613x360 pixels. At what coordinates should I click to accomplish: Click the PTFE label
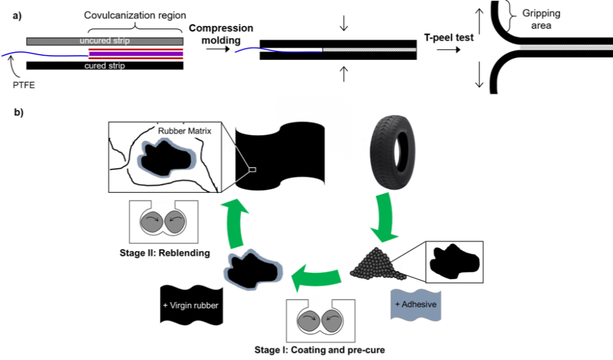[24, 85]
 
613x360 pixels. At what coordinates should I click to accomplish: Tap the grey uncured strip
[105, 41]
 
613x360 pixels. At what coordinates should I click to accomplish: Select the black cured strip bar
[105, 66]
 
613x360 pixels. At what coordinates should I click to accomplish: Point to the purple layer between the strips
[136, 53]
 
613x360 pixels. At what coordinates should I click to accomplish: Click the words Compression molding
[221, 34]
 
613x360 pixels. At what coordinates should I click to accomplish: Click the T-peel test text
[449, 38]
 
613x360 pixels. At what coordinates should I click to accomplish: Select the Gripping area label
[541, 19]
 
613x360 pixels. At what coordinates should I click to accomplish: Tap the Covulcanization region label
[135, 15]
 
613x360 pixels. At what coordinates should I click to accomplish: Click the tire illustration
[393, 152]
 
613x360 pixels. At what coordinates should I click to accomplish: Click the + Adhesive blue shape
[415, 305]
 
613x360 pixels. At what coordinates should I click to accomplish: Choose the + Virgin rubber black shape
[192, 305]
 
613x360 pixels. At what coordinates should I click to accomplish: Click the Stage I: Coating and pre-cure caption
[320, 350]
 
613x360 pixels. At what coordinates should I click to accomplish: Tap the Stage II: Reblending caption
[165, 253]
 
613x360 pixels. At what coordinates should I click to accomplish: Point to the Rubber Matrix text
[184, 131]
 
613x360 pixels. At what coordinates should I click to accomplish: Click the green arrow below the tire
[385, 217]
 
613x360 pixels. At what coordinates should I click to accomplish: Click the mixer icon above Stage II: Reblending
[163, 222]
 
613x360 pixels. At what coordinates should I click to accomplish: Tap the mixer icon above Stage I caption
[321, 321]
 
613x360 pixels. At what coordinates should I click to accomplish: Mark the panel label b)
[19, 112]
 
